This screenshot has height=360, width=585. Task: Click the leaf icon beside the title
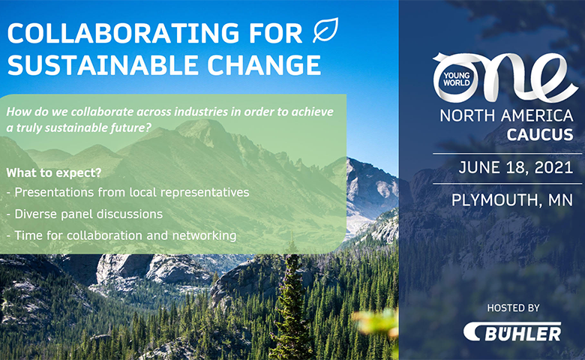tap(325, 30)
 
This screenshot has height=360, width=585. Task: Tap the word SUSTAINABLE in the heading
tap(103, 65)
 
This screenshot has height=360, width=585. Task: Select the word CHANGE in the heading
tap(264, 65)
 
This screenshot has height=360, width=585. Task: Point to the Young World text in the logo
tap(456, 79)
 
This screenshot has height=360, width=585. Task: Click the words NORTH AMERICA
tap(506, 115)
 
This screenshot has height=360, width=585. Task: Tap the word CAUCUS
tap(540, 135)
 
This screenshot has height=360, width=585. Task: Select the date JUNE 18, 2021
tap(515, 167)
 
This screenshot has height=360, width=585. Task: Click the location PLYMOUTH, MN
tap(511, 200)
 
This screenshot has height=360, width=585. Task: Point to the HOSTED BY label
tap(513, 307)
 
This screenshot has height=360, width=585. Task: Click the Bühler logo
tap(512, 331)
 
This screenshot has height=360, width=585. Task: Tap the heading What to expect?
tap(54, 173)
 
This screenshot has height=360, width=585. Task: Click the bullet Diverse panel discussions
tap(85, 214)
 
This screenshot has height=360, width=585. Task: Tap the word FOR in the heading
tap(276, 33)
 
